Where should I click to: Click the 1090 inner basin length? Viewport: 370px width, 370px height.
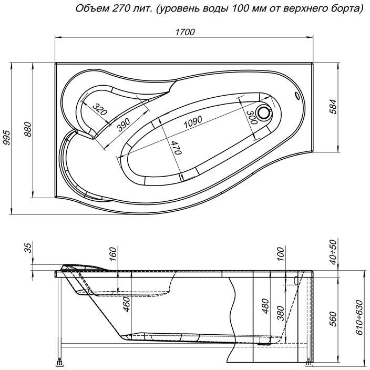tap(193, 122)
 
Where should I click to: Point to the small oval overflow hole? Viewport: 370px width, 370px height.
tap(297, 96)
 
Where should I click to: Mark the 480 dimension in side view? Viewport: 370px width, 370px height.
tap(266, 305)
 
